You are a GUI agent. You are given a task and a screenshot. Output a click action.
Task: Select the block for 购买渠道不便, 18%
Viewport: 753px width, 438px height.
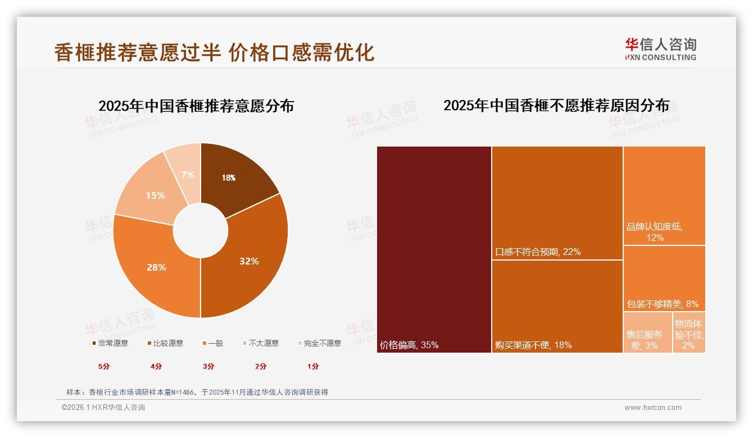point(557,306)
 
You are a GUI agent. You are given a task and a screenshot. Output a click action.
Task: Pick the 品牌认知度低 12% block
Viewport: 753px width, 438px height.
point(664,195)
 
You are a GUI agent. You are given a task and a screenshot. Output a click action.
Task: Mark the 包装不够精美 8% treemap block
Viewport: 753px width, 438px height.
point(664,278)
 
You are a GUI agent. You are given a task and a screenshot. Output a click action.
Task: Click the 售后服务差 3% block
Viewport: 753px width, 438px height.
point(647,332)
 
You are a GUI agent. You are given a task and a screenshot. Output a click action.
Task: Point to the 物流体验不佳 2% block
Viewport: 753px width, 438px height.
point(689,332)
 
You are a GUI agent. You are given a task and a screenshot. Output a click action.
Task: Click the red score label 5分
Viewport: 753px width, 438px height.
point(104,367)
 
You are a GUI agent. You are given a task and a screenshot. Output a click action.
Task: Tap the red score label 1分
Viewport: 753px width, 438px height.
point(313,367)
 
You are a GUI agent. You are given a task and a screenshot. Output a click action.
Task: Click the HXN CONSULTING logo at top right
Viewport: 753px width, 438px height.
point(660,49)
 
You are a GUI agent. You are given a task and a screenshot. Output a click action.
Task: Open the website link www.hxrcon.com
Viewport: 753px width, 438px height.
point(653,408)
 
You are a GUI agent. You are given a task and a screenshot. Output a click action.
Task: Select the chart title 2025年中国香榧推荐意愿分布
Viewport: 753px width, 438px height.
point(196,106)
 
